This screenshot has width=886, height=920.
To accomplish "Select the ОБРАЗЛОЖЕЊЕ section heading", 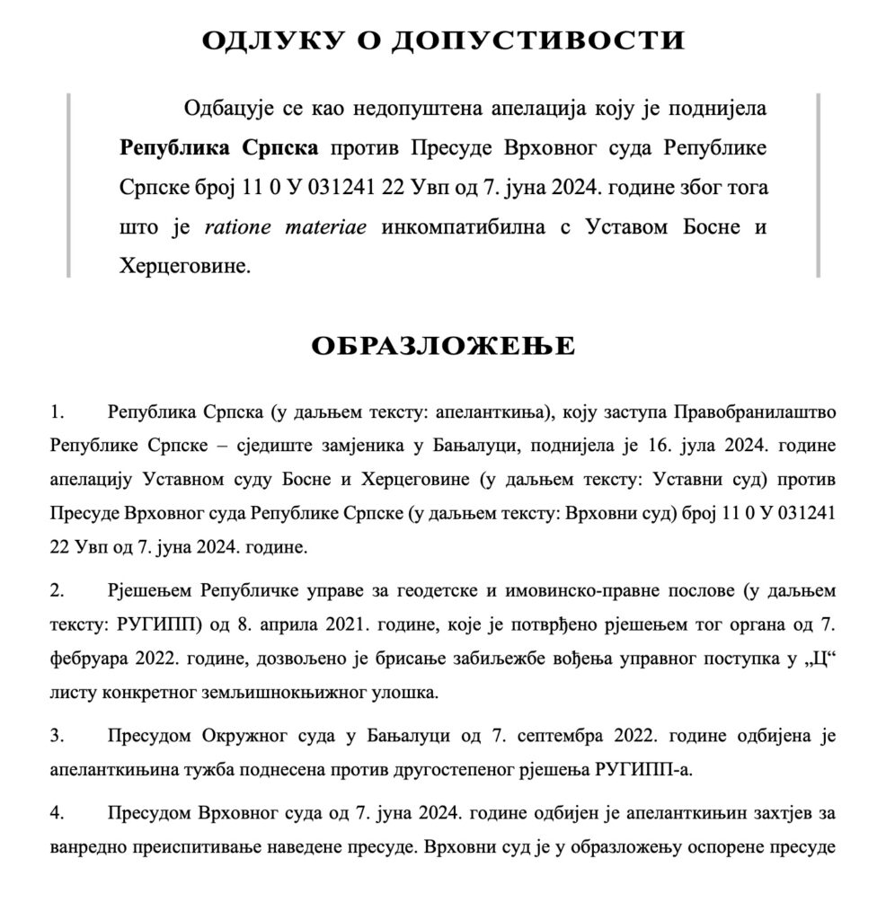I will click(443, 347).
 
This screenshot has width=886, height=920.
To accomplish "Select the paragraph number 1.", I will click(57, 413).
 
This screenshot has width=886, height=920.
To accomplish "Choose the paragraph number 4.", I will click(57, 814).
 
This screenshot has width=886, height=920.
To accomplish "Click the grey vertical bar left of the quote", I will click(68, 184).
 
